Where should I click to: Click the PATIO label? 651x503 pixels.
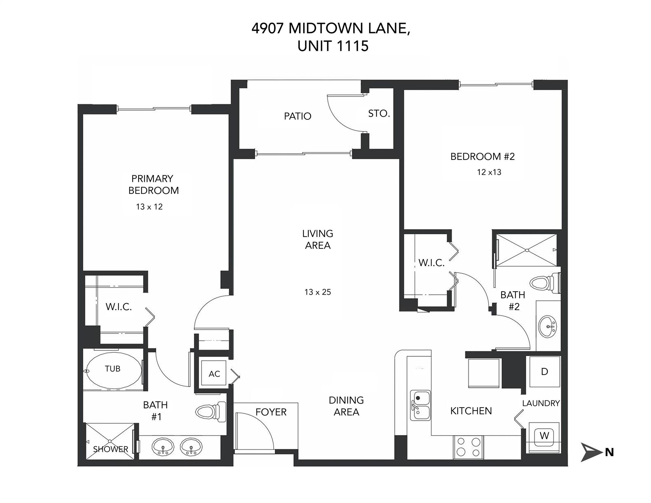pyautogui.click(x=297, y=116)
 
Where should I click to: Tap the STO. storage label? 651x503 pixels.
pyautogui.click(x=379, y=113)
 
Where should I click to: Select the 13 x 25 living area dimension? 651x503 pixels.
pyautogui.click(x=317, y=292)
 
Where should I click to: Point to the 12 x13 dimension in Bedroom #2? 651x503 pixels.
pyautogui.click(x=489, y=172)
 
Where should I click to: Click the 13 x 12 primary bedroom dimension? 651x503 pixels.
pyautogui.click(x=149, y=207)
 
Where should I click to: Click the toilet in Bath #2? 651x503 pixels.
pyautogui.click(x=544, y=282)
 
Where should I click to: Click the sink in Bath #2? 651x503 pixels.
pyautogui.click(x=548, y=326)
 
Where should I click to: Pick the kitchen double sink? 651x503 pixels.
pyautogui.click(x=420, y=405)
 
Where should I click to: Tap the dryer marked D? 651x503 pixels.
pyautogui.click(x=545, y=372)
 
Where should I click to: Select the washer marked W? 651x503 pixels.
pyautogui.click(x=544, y=436)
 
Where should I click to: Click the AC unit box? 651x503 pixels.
pyautogui.click(x=214, y=374)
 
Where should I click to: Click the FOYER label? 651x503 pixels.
pyautogui.click(x=271, y=412)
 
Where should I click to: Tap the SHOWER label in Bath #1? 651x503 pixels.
pyautogui.click(x=110, y=449)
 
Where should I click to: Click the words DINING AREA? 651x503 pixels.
pyautogui.click(x=346, y=406)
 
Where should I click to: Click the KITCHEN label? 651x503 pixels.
pyautogui.click(x=471, y=411)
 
